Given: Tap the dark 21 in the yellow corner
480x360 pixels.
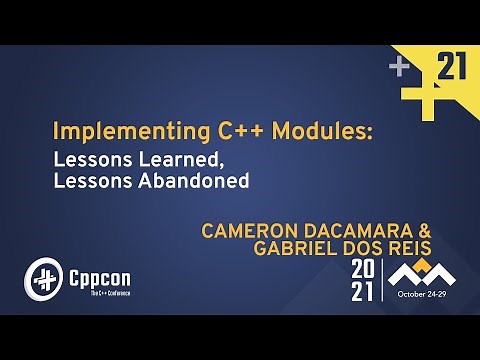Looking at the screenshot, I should tap(453, 67).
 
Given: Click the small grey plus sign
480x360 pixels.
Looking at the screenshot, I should tap(400, 68).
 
